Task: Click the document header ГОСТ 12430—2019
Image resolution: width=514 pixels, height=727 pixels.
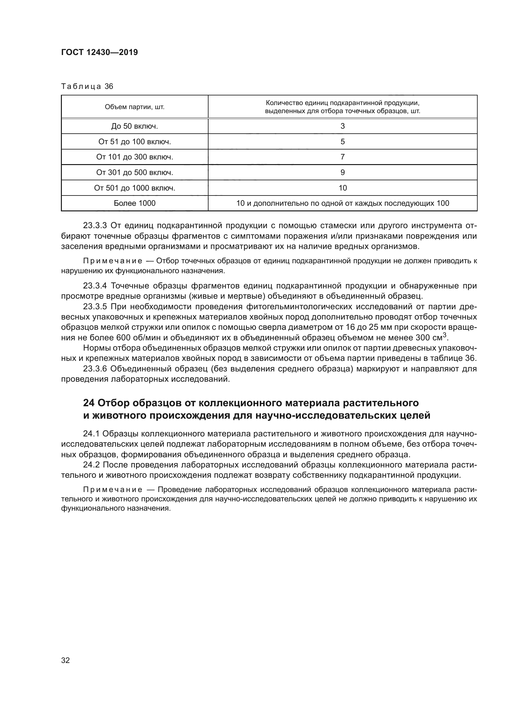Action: pos(99,52)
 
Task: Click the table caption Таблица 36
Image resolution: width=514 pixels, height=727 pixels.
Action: pos(87,86)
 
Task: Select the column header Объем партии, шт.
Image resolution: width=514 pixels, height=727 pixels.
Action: pos(135,107)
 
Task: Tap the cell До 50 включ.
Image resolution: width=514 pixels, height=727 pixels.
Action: pos(135,126)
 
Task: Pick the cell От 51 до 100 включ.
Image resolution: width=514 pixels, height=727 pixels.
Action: pos(135,141)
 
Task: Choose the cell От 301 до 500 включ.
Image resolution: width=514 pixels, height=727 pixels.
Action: pos(135,173)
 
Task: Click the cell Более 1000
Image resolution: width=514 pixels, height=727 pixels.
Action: pos(135,203)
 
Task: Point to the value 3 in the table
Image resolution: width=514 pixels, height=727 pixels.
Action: pos(342,126)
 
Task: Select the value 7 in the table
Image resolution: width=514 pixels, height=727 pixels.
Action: pos(342,157)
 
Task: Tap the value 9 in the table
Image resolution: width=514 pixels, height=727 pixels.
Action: pos(342,173)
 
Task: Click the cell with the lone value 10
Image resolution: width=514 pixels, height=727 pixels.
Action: pos(342,188)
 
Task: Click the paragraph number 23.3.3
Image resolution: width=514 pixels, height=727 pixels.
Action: pos(95,225)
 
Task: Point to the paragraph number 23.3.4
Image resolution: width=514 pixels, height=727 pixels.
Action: pos(95,286)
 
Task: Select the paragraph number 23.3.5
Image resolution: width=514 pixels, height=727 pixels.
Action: pos(95,307)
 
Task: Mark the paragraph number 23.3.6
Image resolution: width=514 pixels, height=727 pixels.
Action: pos(95,369)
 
